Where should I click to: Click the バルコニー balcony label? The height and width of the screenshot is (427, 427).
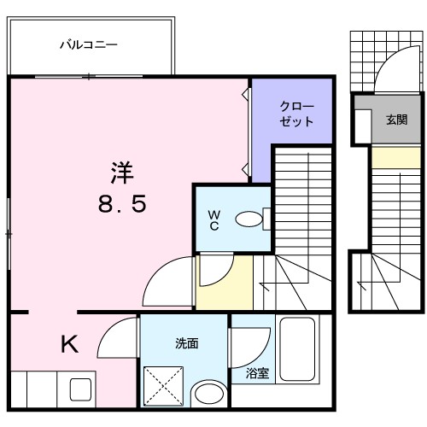(x=88, y=44)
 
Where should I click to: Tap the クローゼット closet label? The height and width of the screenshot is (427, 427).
(x=296, y=114)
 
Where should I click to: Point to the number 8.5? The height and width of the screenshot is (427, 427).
(x=120, y=205)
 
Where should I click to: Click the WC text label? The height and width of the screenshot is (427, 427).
(x=213, y=219)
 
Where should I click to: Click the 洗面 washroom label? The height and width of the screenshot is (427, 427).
(x=187, y=343)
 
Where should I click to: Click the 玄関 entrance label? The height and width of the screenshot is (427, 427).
(x=395, y=120)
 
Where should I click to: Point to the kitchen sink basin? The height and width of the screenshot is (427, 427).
(x=79, y=392)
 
